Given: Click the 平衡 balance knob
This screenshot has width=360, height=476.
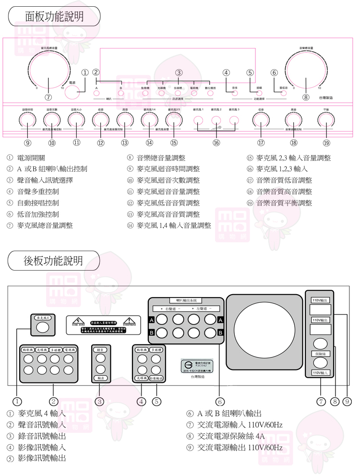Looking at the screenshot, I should pos(326,121).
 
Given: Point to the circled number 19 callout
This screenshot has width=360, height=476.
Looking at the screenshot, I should pos(326,143).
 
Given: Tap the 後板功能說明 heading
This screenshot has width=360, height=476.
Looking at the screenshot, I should pos(54,261).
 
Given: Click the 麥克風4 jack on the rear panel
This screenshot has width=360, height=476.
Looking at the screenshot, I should pos(42,328).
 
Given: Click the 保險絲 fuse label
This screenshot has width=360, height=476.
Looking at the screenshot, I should pos(320,354).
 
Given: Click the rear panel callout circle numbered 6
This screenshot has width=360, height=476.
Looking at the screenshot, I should pos(220,401).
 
